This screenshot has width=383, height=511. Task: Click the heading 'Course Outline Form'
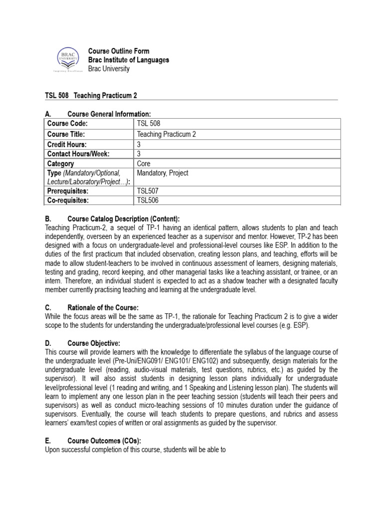click(x=118, y=51)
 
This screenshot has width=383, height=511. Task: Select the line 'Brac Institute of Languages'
click(x=128, y=60)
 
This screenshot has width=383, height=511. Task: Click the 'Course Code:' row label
click(x=67, y=124)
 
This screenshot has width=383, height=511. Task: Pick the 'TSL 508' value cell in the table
click(x=149, y=124)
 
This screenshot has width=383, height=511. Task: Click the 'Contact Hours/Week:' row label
click(x=78, y=154)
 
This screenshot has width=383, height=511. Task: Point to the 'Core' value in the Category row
click(x=144, y=164)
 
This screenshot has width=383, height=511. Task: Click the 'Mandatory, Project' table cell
click(x=162, y=173)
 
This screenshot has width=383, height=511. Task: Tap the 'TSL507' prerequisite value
click(x=147, y=191)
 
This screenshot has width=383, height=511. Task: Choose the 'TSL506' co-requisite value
click(x=147, y=201)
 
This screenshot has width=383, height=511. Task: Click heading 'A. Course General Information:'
click(x=98, y=114)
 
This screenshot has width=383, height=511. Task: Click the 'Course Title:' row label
click(x=66, y=134)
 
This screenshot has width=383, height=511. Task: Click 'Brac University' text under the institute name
click(x=108, y=69)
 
